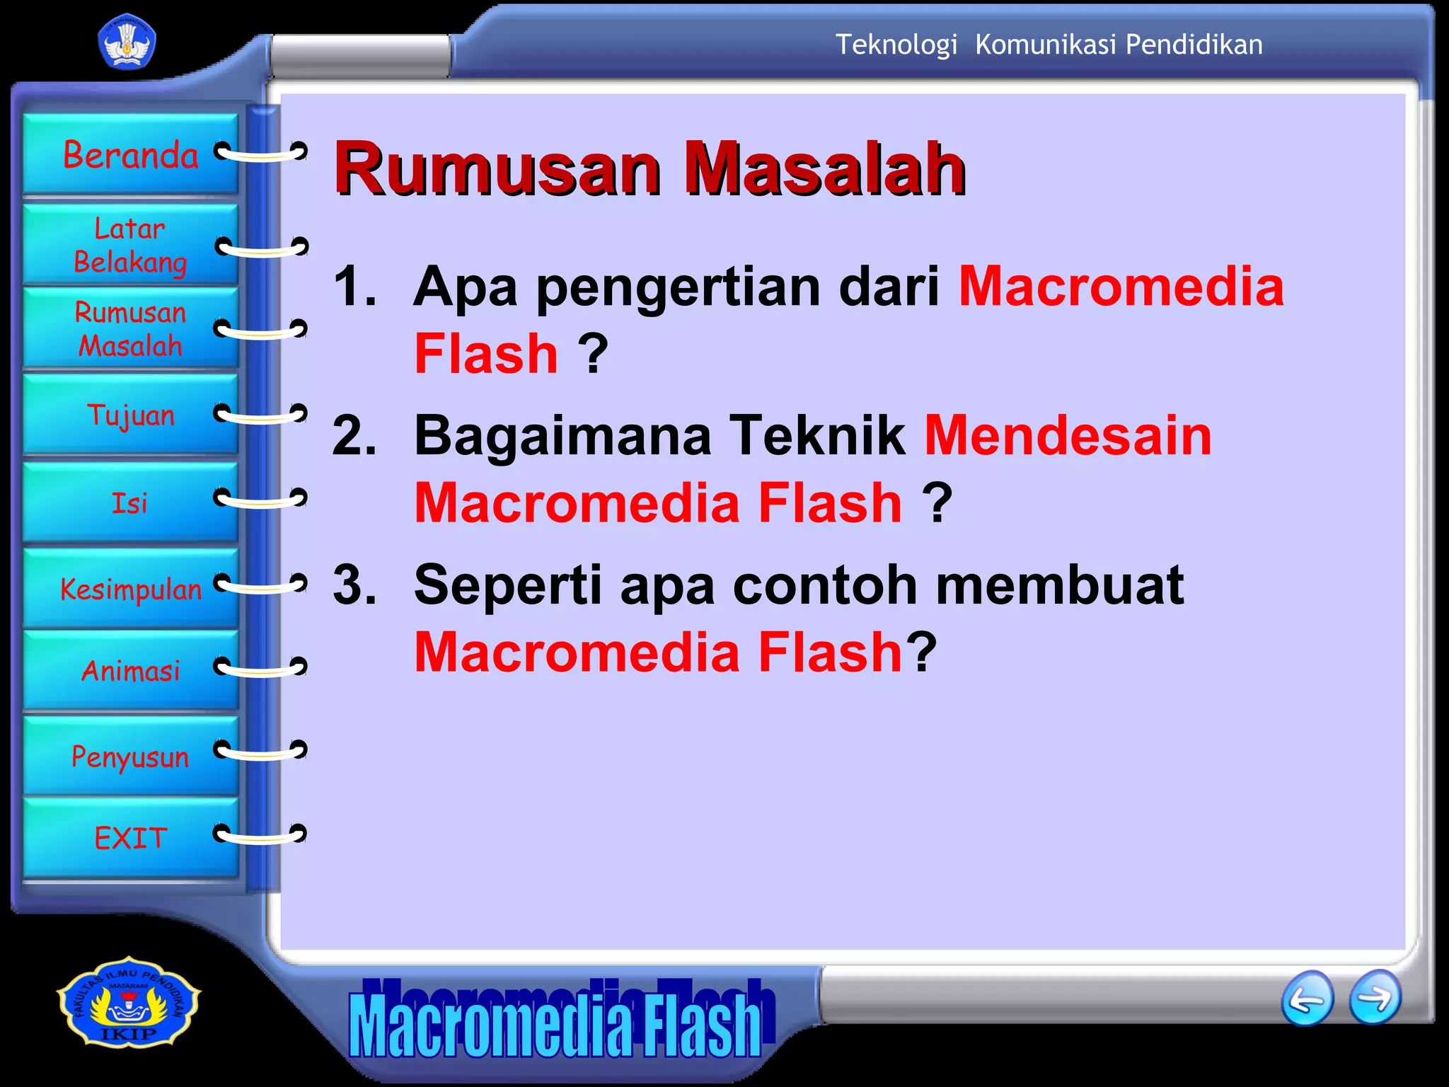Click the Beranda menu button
[131, 154]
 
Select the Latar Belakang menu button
[131, 245]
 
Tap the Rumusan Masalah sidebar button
[131, 329]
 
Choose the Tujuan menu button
[131, 415]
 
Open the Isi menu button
[131, 503]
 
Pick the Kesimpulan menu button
[131, 589]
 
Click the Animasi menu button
[131, 670]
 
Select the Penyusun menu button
[131, 757]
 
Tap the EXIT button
[131, 839]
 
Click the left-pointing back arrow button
[1307, 999]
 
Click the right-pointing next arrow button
[1375, 997]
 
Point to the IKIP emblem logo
[129, 1002]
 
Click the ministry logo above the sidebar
[127, 44]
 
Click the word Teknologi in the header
[896, 45]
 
